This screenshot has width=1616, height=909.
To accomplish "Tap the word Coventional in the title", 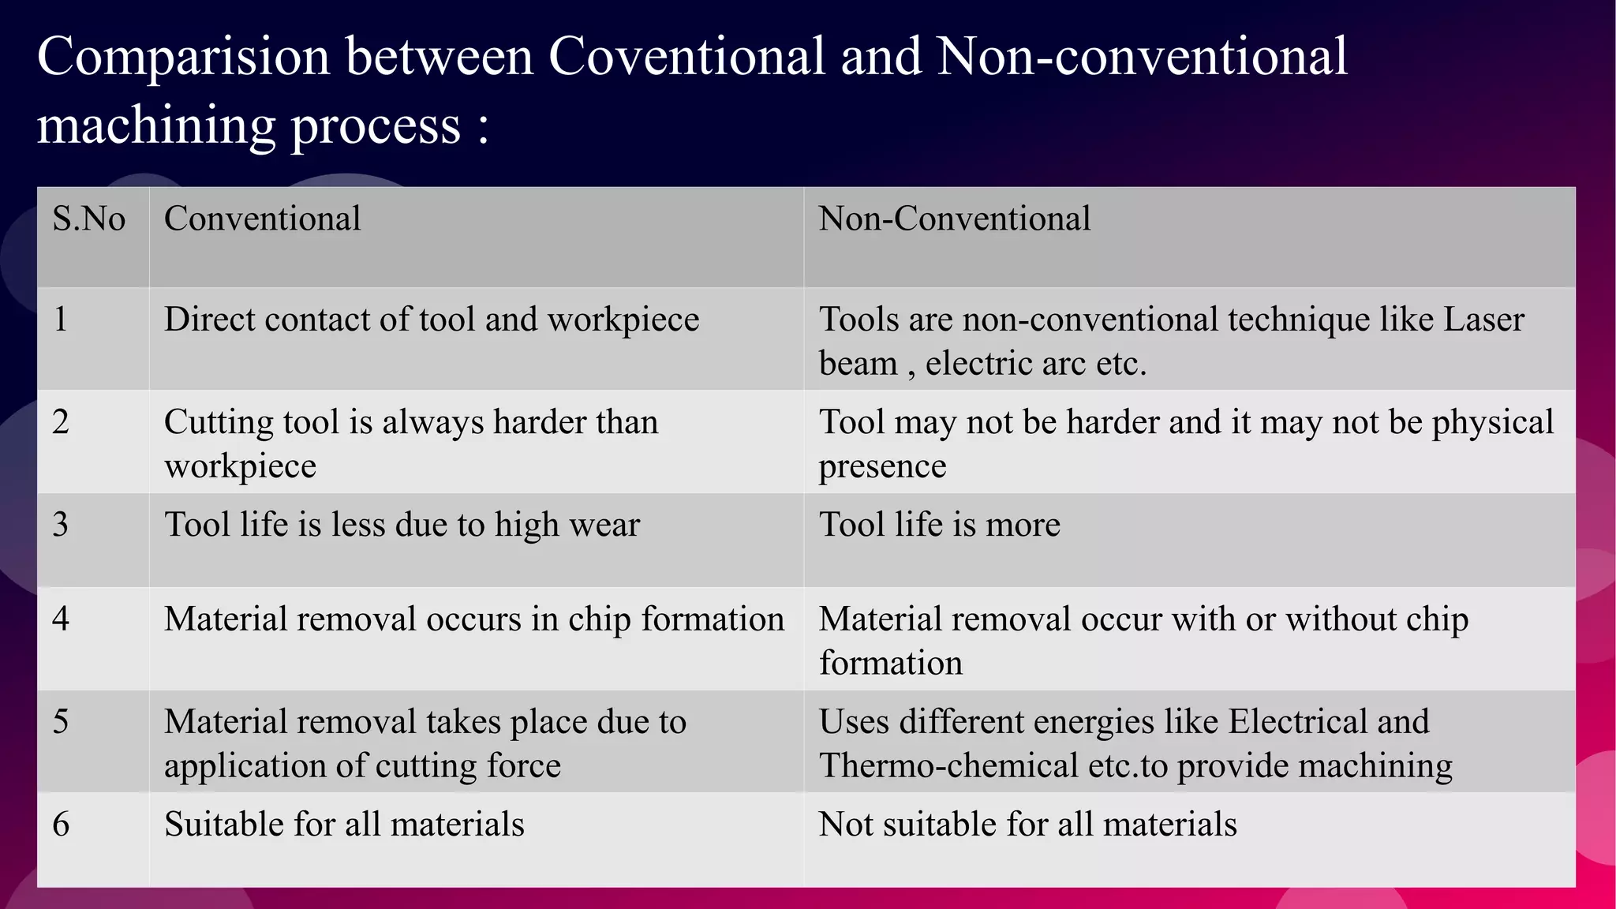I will pos(686,57).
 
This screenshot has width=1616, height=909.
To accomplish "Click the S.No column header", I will pos(88,219).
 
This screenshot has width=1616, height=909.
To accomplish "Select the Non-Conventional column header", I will pos(954,219).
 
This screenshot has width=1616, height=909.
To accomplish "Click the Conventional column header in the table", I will pos(262,219).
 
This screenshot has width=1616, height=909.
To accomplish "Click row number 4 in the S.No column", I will pos(61,619).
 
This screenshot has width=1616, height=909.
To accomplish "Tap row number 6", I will pos(61,825).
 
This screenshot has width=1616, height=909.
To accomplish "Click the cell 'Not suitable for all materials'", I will pos(1027,825).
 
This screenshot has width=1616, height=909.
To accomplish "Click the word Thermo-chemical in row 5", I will pos(948,766).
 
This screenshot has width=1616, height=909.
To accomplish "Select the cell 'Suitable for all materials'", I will pos(344,825).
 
